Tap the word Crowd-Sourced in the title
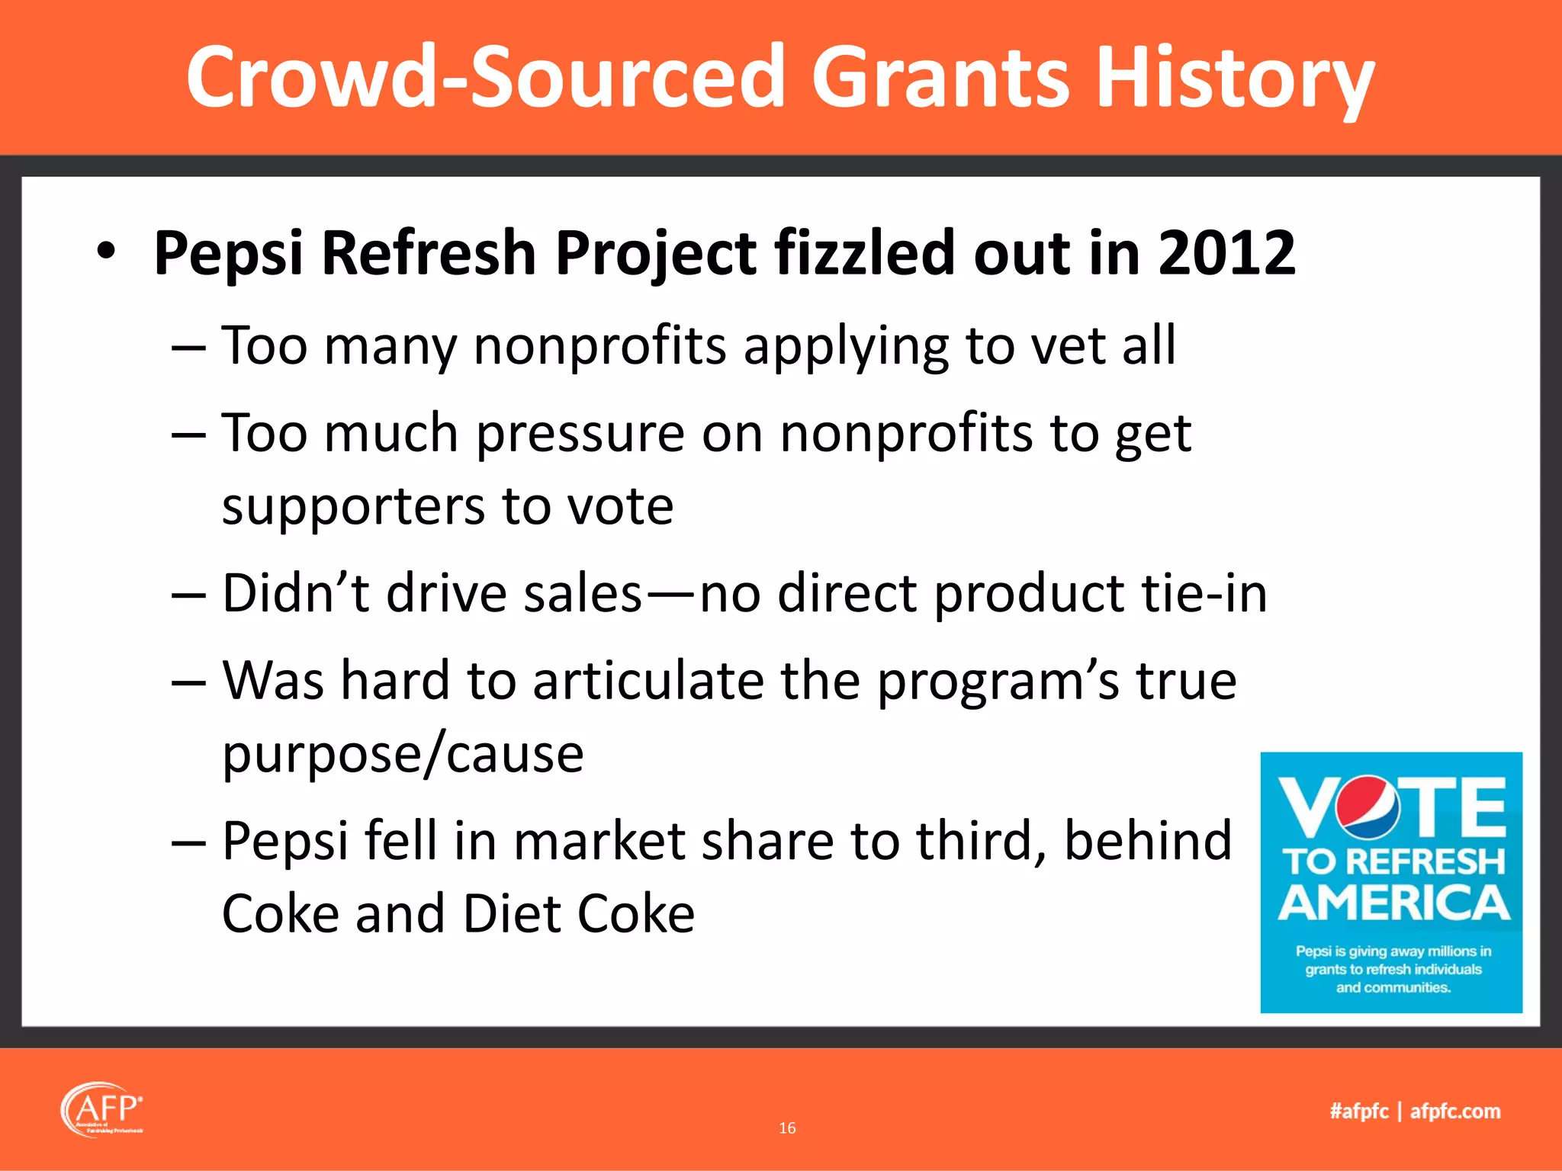pyautogui.click(x=485, y=78)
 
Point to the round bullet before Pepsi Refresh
pyautogui.click(x=106, y=252)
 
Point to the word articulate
pyautogui.click(x=648, y=681)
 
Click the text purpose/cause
pyautogui.click(x=403, y=755)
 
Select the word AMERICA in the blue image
pyautogui.click(x=1393, y=903)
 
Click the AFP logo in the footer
pyautogui.click(x=101, y=1109)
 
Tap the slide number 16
pyautogui.click(x=787, y=1128)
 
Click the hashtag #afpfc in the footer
pyautogui.click(x=1358, y=1112)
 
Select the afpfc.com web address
pyautogui.click(x=1454, y=1112)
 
